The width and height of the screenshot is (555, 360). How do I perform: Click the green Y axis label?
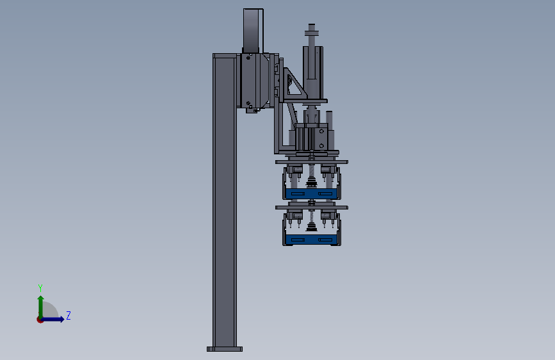[40, 288]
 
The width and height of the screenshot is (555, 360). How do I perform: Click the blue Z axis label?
[68, 315]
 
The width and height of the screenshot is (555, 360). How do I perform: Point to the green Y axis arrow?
[41, 307]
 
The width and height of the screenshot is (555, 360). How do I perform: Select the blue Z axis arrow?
[52, 319]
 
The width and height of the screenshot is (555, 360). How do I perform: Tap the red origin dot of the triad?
[40, 320]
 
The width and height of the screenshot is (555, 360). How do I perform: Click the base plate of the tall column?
[225, 349]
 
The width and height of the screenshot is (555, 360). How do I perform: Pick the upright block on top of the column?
[253, 31]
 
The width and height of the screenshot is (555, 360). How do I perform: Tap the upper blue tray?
[312, 194]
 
